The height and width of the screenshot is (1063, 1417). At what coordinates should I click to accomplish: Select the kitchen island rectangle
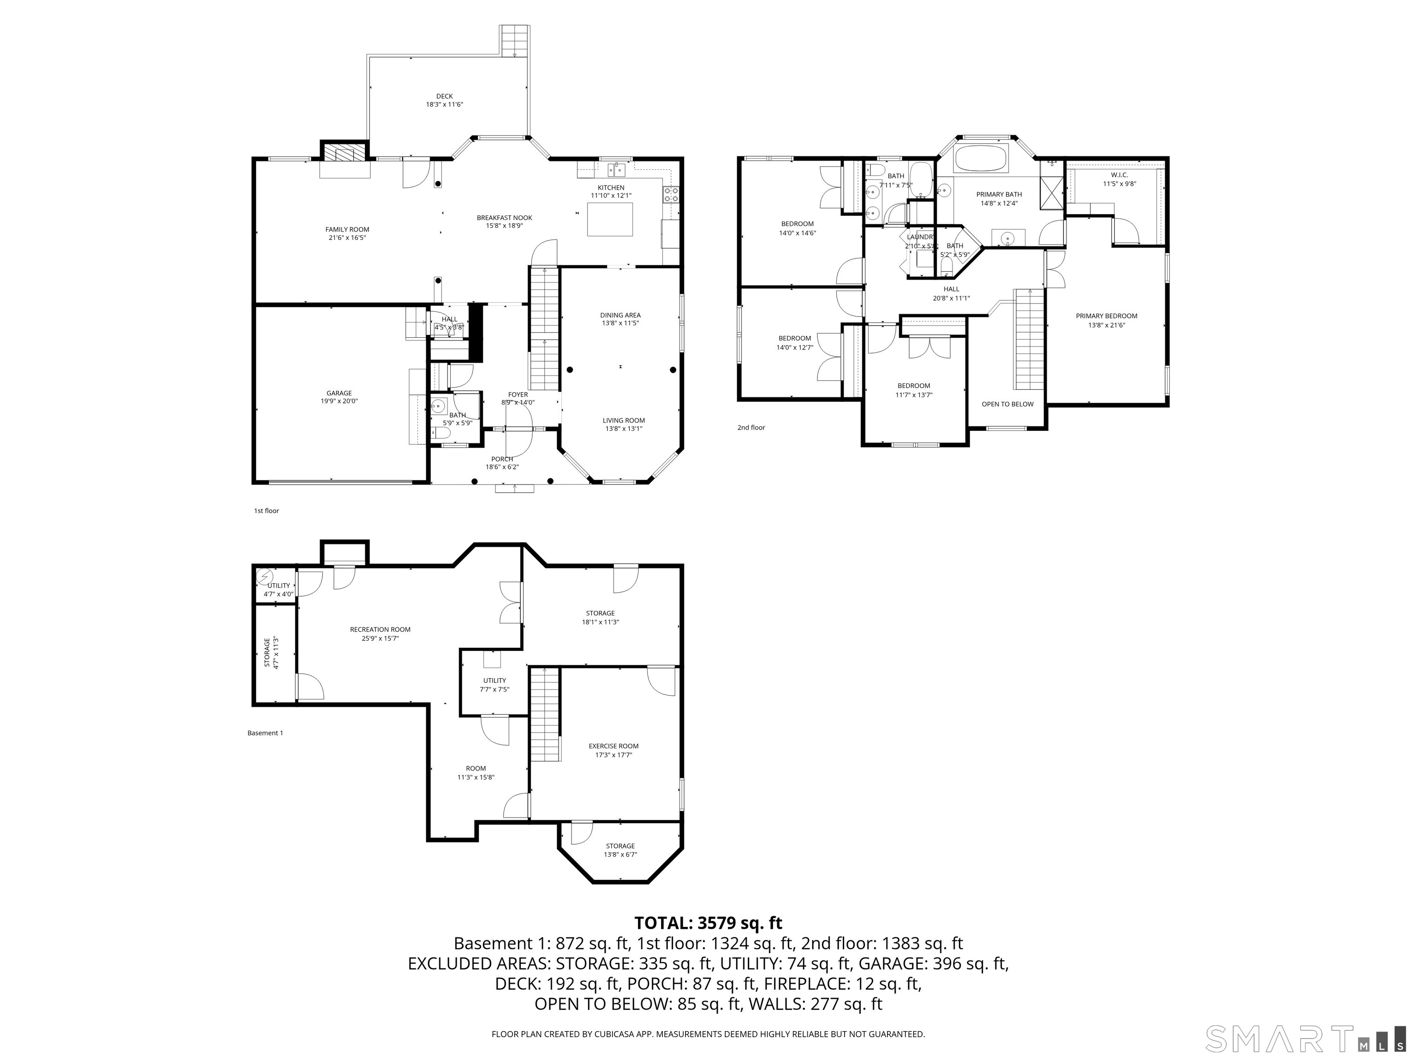click(x=610, y=219)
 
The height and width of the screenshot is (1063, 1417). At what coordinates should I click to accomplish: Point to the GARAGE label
click(x=339, y=394)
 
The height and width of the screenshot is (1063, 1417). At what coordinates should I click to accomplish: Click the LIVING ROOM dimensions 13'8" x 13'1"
click(x=623, y=429)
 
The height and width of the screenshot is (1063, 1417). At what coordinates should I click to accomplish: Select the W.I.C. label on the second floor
click(x=1119, y=175)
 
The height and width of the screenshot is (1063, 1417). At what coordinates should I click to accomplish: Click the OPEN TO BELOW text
click(x=1007, y=404)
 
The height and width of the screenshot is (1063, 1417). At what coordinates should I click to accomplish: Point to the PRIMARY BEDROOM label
click(x=1106, y=316)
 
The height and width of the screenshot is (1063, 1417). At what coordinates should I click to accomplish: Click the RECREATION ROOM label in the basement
click(x=380, y=629)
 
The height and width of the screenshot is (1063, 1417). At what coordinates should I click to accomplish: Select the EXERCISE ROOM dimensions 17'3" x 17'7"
click(x=613, y=755)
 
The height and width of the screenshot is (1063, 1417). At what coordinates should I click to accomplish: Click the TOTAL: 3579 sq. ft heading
click(x=708, y=923)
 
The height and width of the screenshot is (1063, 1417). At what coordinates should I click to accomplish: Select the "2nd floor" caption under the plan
click(x=751, y=427)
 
